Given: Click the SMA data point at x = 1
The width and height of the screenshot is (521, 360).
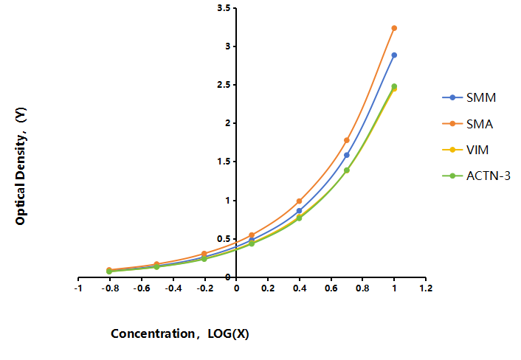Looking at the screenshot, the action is tap(394, 28).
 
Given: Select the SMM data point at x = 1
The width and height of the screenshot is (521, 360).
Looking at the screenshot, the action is tap(394, 55).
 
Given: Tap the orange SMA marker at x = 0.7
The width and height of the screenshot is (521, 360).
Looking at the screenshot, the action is tap(347, 140).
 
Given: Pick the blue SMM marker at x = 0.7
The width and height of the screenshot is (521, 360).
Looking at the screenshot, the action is tap(347, 155).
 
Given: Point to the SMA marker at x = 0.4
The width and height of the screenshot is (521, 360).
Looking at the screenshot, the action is tap(299, 201).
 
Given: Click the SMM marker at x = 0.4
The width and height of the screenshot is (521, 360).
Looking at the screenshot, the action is tap(299, 210).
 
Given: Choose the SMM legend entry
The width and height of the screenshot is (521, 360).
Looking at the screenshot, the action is tap(469, 97).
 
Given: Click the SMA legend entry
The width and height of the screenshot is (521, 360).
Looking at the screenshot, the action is tap(468, 124).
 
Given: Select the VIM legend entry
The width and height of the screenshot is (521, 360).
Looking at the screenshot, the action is tap(466, 150).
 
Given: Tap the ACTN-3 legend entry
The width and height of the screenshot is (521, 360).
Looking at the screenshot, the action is tap(476, 176).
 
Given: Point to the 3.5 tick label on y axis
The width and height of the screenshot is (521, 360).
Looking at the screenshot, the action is tap(224, 8).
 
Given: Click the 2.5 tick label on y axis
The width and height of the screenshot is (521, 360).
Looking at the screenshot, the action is tap(224, 85).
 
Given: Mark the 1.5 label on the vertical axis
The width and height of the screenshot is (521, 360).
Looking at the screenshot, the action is tap(224, 162).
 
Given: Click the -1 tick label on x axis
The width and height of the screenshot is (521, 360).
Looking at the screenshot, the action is tap(78, 288).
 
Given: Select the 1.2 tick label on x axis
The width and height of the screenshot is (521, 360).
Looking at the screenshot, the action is tap(426, 288).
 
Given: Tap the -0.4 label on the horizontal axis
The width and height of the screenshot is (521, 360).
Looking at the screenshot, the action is tap(173, 288).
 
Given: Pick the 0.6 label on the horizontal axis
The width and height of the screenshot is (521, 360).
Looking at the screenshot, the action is tap(331, 288).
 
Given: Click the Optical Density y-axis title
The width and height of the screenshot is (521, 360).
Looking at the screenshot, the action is tap(21, 166).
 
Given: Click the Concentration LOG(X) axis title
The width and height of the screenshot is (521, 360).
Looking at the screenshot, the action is tap(180, 333).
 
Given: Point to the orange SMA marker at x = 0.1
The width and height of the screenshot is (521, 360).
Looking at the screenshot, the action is tap(252, 235).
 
